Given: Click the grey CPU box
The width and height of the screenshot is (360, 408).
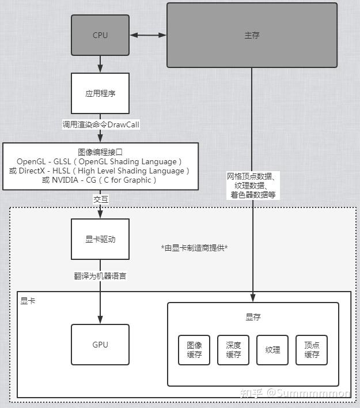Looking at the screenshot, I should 100,35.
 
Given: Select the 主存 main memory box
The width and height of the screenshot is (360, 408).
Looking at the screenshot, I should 252,35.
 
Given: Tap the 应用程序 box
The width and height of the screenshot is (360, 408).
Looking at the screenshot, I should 100,93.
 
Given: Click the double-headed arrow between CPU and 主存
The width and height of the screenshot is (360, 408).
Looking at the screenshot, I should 148,35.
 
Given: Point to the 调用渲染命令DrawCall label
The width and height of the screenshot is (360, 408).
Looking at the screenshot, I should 101,124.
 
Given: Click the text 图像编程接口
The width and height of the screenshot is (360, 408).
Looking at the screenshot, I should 101,152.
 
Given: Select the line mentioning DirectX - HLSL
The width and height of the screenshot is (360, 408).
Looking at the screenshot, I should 101,171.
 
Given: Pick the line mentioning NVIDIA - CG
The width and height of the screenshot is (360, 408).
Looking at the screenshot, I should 101,180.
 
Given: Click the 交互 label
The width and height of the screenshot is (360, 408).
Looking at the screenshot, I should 101,199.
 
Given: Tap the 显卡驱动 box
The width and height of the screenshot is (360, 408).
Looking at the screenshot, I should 100,239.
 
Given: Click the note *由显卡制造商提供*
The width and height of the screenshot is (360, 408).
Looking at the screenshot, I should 195,248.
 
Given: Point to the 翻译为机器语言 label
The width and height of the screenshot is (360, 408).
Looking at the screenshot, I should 101,276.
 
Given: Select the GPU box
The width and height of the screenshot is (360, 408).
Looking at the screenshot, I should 100,345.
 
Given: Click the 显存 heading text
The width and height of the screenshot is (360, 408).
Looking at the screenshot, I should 253,318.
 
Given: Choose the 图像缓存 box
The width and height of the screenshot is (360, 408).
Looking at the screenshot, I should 194,350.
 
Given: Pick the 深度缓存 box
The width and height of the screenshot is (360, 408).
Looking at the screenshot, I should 233,350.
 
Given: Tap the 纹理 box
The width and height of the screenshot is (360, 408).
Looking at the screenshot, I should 272,350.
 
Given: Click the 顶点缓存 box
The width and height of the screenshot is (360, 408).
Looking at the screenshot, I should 312,350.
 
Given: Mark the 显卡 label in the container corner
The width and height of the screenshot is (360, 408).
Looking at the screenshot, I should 28,301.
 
